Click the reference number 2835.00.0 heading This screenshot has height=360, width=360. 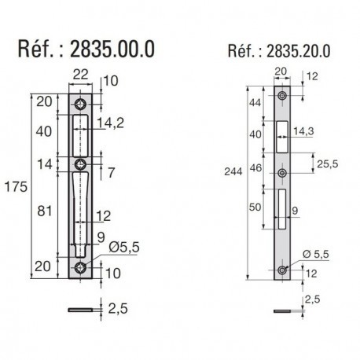pos(86,49)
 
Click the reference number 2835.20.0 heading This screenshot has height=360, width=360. pos(279,51)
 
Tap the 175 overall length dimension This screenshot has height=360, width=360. pos(16,187)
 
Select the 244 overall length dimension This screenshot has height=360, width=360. pos(233,171)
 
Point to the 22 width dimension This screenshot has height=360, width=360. pos(80,75)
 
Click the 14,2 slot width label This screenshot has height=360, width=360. pos(110,123)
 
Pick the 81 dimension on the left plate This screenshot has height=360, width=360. pos(45,211)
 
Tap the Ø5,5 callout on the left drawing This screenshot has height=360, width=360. pos(124,247)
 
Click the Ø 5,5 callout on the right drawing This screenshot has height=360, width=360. pos(315,254)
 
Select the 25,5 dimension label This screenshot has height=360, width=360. pos(328,164)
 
